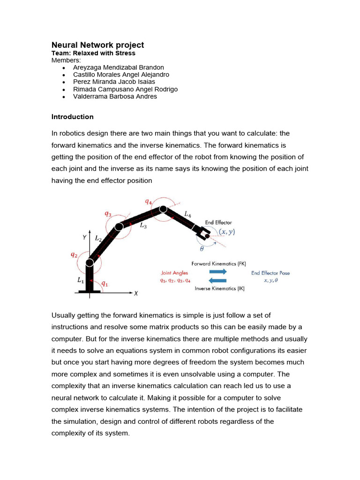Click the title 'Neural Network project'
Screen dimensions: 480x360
[x=97, y=45]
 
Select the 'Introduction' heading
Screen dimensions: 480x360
[x=73, y=117]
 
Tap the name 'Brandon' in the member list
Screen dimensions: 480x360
[x=151, y=67]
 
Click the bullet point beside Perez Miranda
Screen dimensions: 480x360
[x=64, y=82]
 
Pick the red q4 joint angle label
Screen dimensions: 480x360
[x=149, y=202]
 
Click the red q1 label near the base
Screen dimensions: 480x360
[x=105, y=284]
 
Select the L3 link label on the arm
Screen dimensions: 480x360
[x=143, y=225]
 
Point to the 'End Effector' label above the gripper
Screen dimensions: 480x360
[x=218, y=223]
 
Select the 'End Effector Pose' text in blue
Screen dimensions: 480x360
[x=270, y=273]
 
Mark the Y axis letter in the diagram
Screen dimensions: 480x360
[x=84, y=237]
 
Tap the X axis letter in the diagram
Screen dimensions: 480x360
[x=136, y=293]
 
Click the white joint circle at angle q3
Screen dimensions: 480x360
[x=119, y=227]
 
